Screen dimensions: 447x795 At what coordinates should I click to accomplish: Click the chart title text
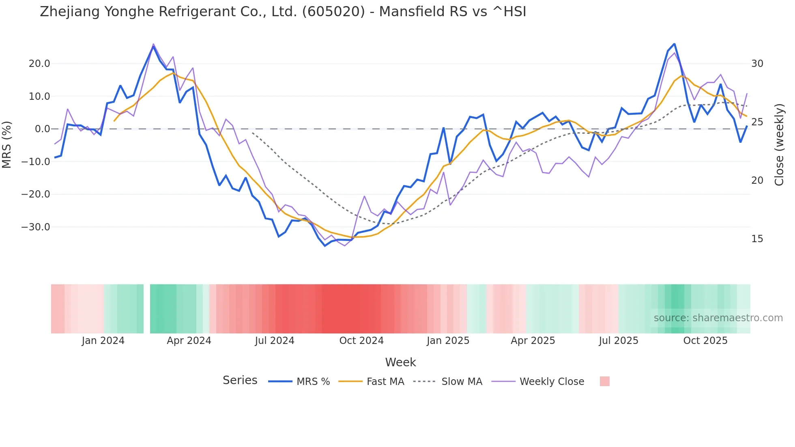(x=283, y=12)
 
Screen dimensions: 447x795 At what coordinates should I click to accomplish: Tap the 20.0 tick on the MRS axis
(x=39, y=64)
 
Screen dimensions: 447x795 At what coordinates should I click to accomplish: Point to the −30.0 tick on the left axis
(x=36, y=227)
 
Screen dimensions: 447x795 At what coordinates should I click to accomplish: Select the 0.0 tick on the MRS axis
(x=43, y=129)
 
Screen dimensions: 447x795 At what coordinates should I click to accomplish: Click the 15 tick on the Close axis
(x=757, y=239)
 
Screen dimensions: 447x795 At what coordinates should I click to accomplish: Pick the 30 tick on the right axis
(x=757, y=64)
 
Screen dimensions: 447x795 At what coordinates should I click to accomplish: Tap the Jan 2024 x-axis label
(x=103, y=341)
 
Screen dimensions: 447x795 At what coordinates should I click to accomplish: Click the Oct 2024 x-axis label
(x=361, y=341)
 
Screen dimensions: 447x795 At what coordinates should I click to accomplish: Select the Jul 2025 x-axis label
(x=619, y=341)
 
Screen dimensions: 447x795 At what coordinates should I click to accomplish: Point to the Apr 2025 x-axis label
(x=533, y=341)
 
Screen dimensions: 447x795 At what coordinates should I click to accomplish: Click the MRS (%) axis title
(x=7, y=144)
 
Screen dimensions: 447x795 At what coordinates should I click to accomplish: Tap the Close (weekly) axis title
(x=779, y=144)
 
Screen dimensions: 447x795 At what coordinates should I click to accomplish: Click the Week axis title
(x=400, y=362)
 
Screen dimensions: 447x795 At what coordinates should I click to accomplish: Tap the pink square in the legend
(x=604, y=381)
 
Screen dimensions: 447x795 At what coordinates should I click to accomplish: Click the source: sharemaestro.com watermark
(x=718, y=318)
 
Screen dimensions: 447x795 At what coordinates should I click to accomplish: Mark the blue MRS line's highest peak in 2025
(x=674, y=44)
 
